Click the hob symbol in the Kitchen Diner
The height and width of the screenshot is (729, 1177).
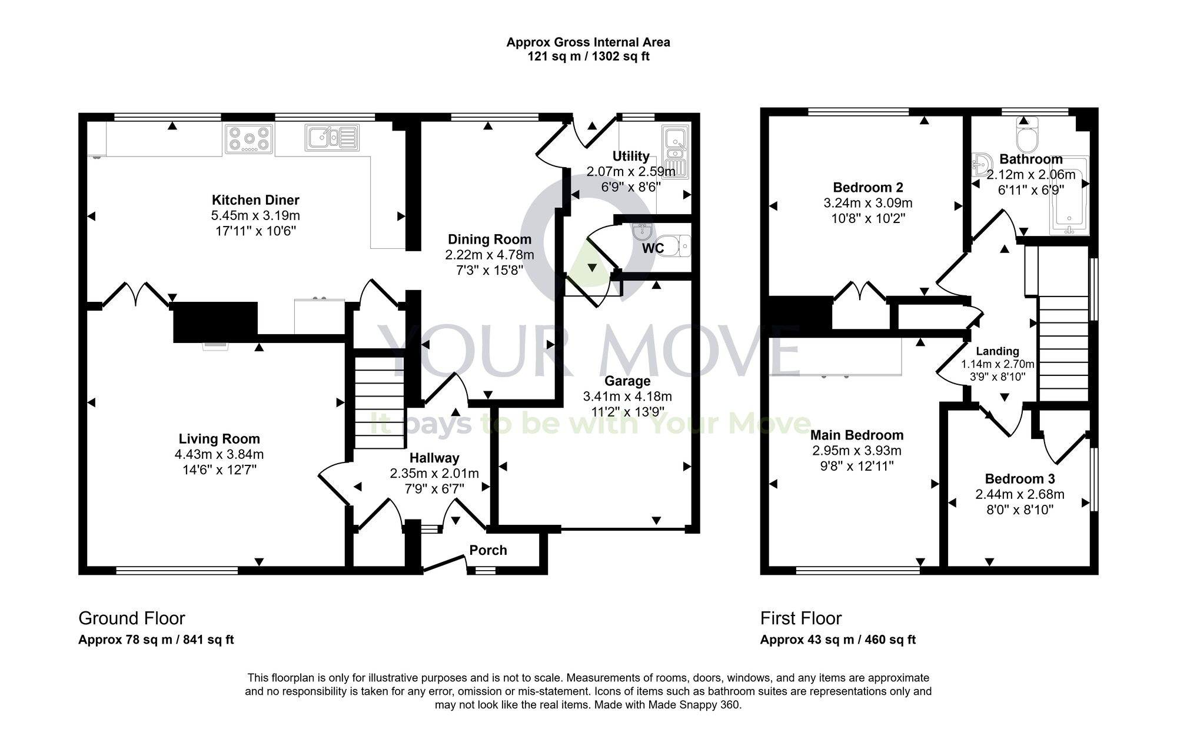(x=249, y=139)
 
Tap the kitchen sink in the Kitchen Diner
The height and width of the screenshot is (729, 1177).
(x=331, y=138)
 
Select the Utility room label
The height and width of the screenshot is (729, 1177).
(x=631, y=156)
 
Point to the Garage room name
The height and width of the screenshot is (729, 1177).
(x=627, y=381)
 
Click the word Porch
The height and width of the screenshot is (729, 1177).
(x=488, y=550)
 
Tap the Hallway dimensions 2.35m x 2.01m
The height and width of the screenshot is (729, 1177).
(x=434, y=473)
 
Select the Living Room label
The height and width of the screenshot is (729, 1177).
(x=219, y=438)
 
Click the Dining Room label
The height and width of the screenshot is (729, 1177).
(x=489, y=239)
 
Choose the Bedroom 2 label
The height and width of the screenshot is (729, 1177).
(x=867, y=187)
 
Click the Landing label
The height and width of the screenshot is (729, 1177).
(x=998, y=351)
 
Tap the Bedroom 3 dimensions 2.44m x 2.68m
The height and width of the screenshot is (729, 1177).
(x=1020, y=494)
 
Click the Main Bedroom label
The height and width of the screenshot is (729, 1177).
(x=856, y=435)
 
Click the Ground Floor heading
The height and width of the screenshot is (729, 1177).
(x=132, y=618)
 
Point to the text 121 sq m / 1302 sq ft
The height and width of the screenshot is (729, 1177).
(x=588, y=57)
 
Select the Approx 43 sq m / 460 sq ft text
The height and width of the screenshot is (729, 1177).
(x=837, y=640)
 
